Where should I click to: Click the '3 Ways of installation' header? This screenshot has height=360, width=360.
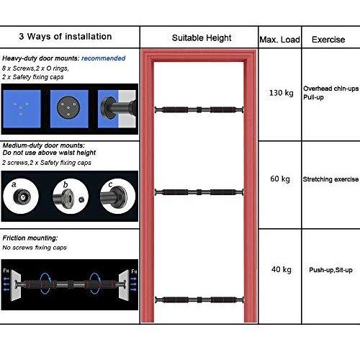(66, 37)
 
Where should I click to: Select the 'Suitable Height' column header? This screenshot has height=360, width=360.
(202, 38)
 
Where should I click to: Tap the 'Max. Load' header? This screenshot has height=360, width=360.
(280, 40)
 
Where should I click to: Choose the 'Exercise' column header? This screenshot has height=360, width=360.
(328, 40)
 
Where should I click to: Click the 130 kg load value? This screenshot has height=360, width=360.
(282, 93)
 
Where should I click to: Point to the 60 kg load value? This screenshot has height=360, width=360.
(280, 179)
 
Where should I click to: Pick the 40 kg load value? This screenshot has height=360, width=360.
(282, 269)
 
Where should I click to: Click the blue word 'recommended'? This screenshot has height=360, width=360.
(103, 58)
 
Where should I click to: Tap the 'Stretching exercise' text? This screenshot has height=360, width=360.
(330, 179)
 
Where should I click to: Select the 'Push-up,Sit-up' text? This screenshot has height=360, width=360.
(330, 270)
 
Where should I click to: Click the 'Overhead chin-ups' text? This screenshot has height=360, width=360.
(331, 89)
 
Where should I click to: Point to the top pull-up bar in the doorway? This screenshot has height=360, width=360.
(199, 110)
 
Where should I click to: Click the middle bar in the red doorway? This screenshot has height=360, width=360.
(199, 192)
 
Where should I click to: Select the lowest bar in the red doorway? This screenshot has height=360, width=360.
(199, 300)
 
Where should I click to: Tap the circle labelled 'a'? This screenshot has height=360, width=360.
(21, 196)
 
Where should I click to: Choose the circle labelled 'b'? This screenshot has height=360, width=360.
(71, 196)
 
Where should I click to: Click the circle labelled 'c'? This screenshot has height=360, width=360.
(117, 196)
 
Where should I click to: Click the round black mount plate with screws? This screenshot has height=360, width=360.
(68, 107)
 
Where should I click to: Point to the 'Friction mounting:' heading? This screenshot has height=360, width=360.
(30, 238)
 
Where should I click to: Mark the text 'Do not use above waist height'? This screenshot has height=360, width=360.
(49, 153)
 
